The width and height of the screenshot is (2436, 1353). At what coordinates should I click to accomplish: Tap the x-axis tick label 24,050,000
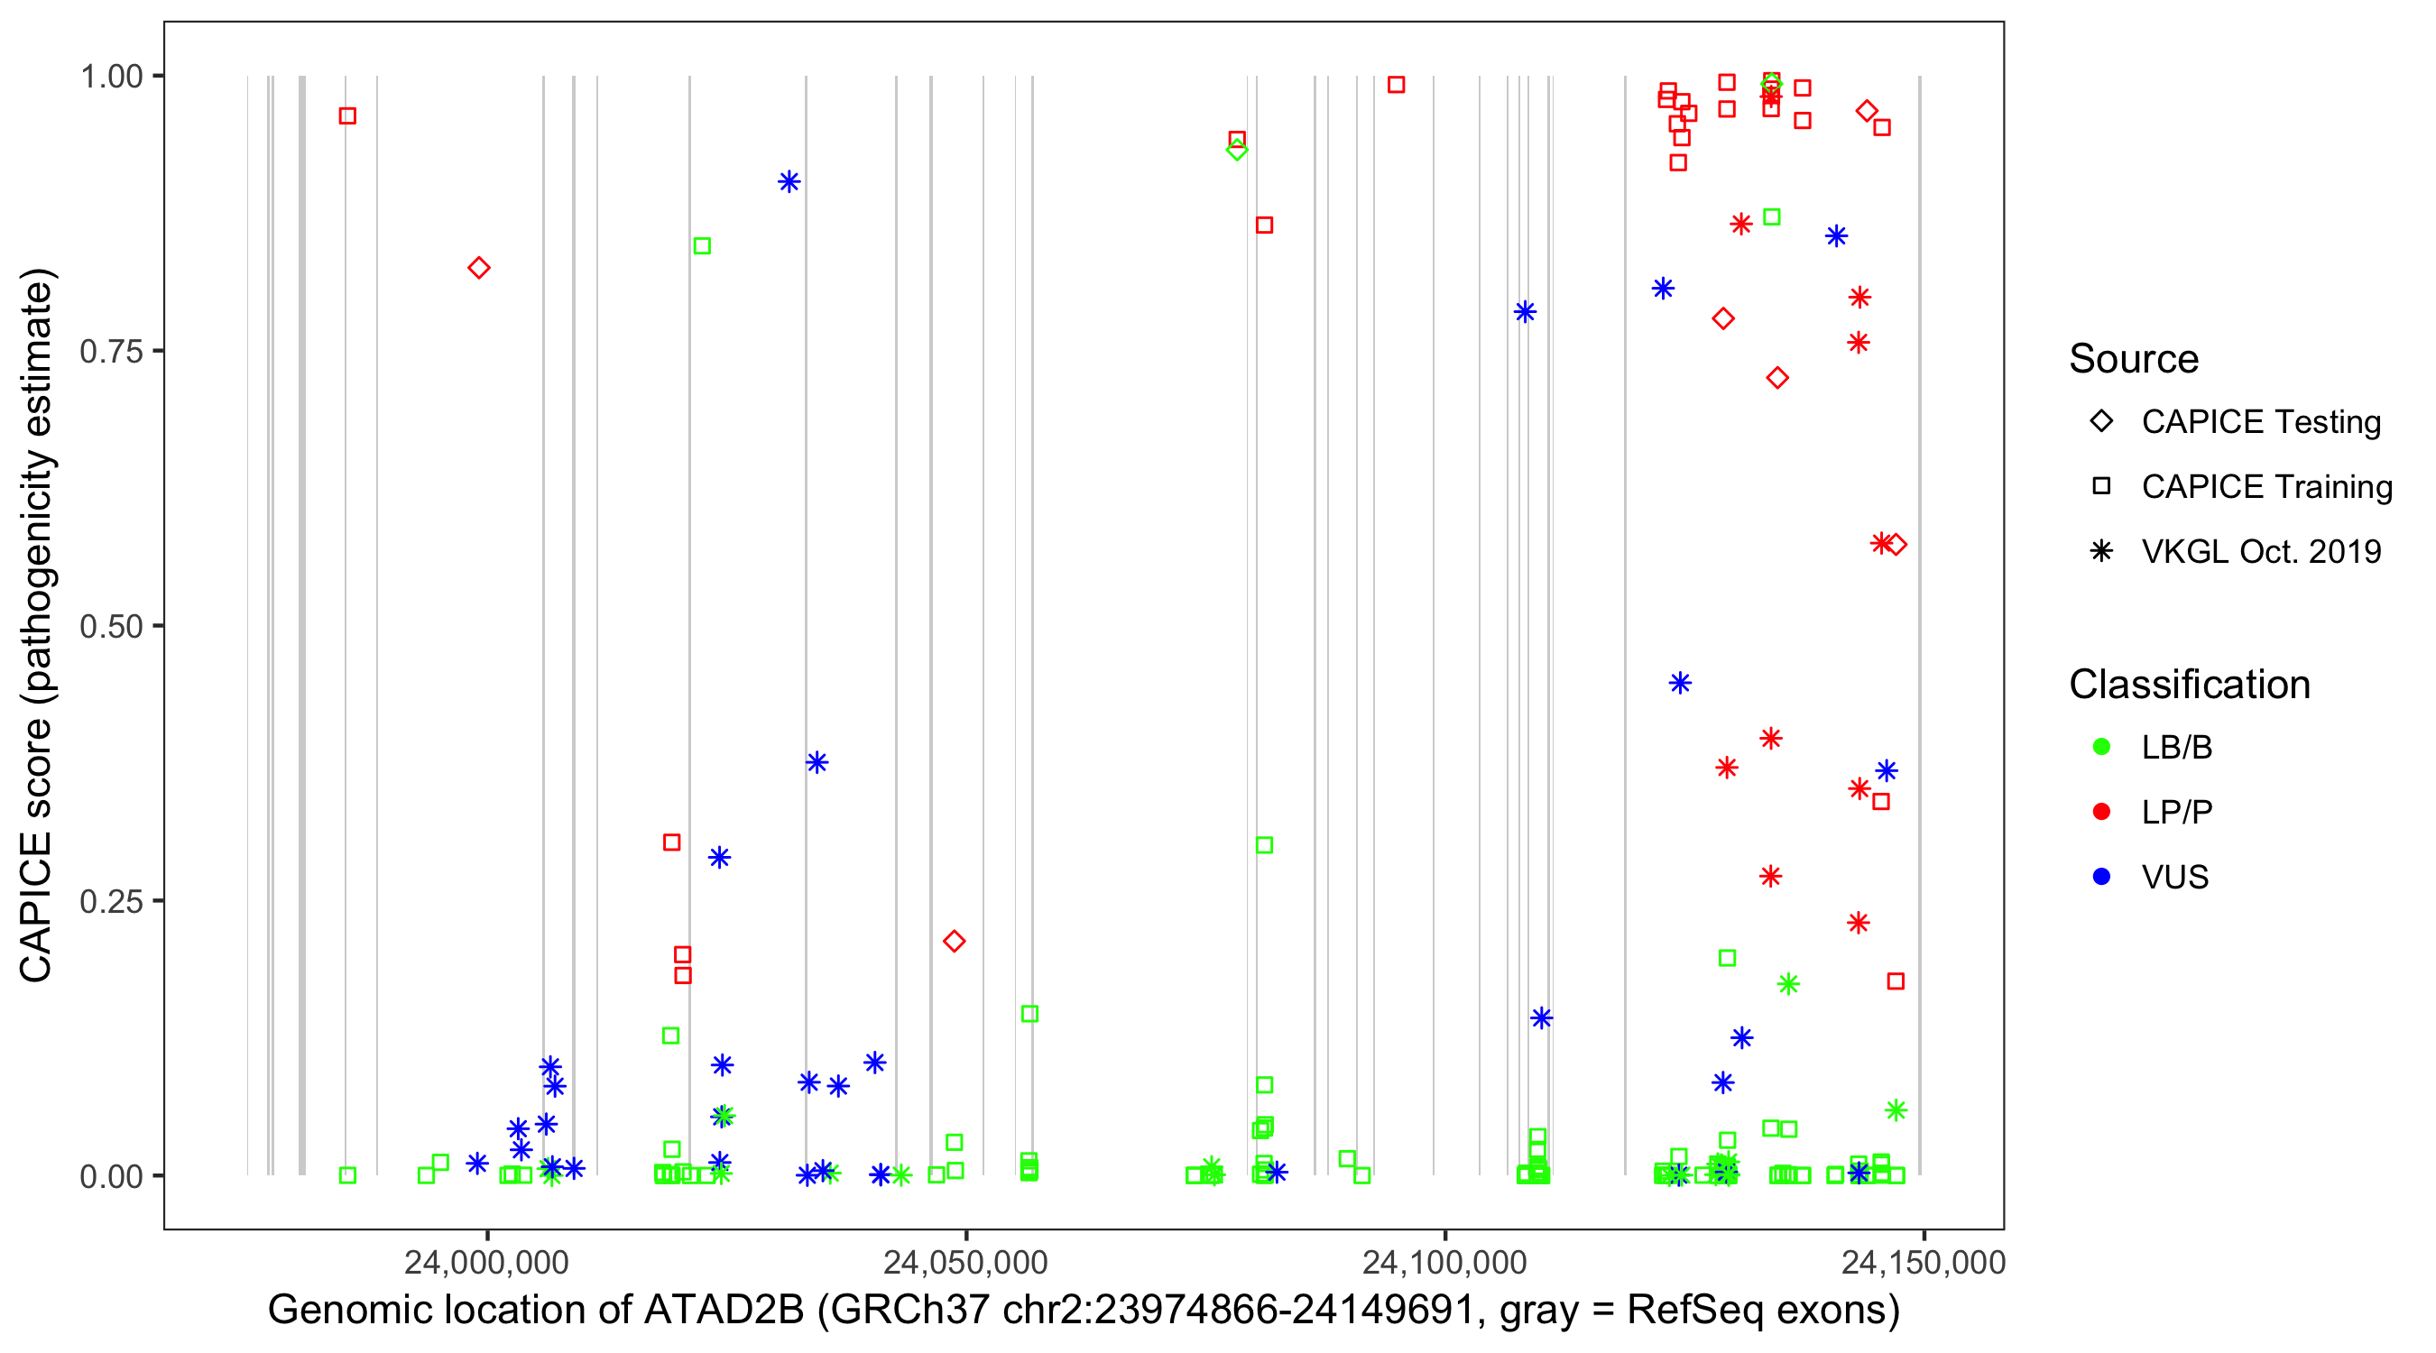(x=965, y=1262)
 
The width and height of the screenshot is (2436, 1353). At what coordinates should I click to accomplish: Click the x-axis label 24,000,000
(x=486, y=1262)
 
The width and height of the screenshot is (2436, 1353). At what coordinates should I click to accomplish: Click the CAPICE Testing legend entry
(x=2260, y=422)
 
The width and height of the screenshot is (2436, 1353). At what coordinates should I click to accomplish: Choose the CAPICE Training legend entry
(x=2265, y=487)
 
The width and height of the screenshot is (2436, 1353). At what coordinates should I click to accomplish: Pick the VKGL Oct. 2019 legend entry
(x=2260, y=551)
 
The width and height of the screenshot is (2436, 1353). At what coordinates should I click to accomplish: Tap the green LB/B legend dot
(x=2101, y=747)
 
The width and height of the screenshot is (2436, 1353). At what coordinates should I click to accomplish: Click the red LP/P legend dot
(x=2101, y=812)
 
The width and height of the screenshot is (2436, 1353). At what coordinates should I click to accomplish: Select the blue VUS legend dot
(x=2101, y=877)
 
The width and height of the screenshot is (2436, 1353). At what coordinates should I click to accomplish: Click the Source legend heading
(x=2134, y=359)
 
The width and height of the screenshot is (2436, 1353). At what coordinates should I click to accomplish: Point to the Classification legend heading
(x=2189, y=685)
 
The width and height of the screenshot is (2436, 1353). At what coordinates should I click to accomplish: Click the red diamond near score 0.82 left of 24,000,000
(x=478, y=269)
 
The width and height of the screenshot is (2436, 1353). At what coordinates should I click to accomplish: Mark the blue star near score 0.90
(x=789, y=181)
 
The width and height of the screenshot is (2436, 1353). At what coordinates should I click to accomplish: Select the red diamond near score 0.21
(x=954, y=941)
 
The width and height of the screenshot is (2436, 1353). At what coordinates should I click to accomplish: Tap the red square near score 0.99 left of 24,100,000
(x=1396, y=85)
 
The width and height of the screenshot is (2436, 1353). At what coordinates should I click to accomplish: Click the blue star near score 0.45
(x=1679, y=683)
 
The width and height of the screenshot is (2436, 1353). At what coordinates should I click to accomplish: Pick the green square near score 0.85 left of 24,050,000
(x=702, y=246)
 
